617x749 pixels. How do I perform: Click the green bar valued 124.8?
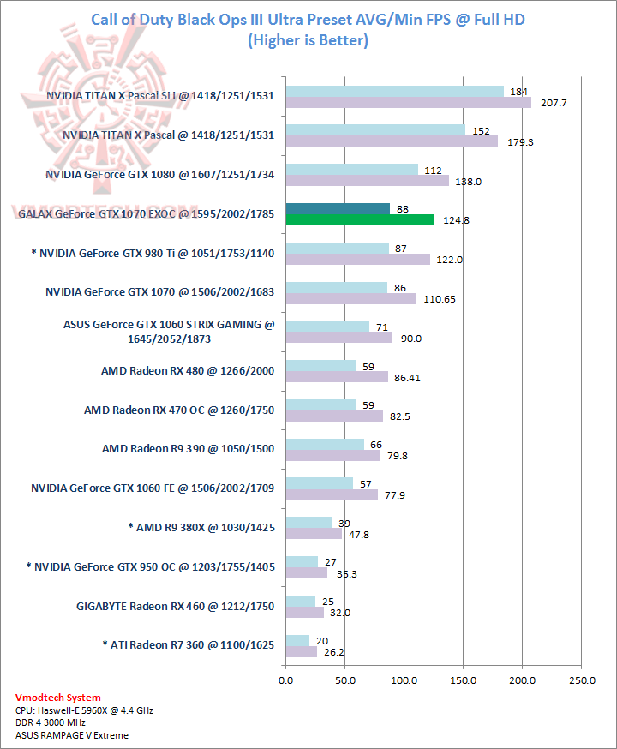pyautogui.click(x=359, y=220)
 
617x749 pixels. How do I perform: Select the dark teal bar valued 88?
pyautogui.click(x=338, y=208)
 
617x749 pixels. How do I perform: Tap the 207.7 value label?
pyautogui.click(x=548, y=103)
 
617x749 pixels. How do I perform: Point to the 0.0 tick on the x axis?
pyautogui.click(x=285, y=681)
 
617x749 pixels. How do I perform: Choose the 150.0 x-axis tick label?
pyautogui.click(x=463, y=681)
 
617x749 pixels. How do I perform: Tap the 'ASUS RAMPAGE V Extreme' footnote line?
pyautogui.click(x=67, y=736)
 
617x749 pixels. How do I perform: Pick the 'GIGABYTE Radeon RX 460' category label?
pyautogui.click(x=175, y=606)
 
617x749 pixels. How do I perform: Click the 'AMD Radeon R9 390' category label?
pyautogui.click(x=188, y=448)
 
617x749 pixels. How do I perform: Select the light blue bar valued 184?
pyautogui.click(x=394, y=91)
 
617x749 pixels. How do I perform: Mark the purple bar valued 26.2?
pyautogui.click(x=301, y=652)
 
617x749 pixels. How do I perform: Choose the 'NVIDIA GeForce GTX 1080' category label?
pyautogui.click(x=159, y=174)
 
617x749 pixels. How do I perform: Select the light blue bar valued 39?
pyautogui.click(x=308, y=522)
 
